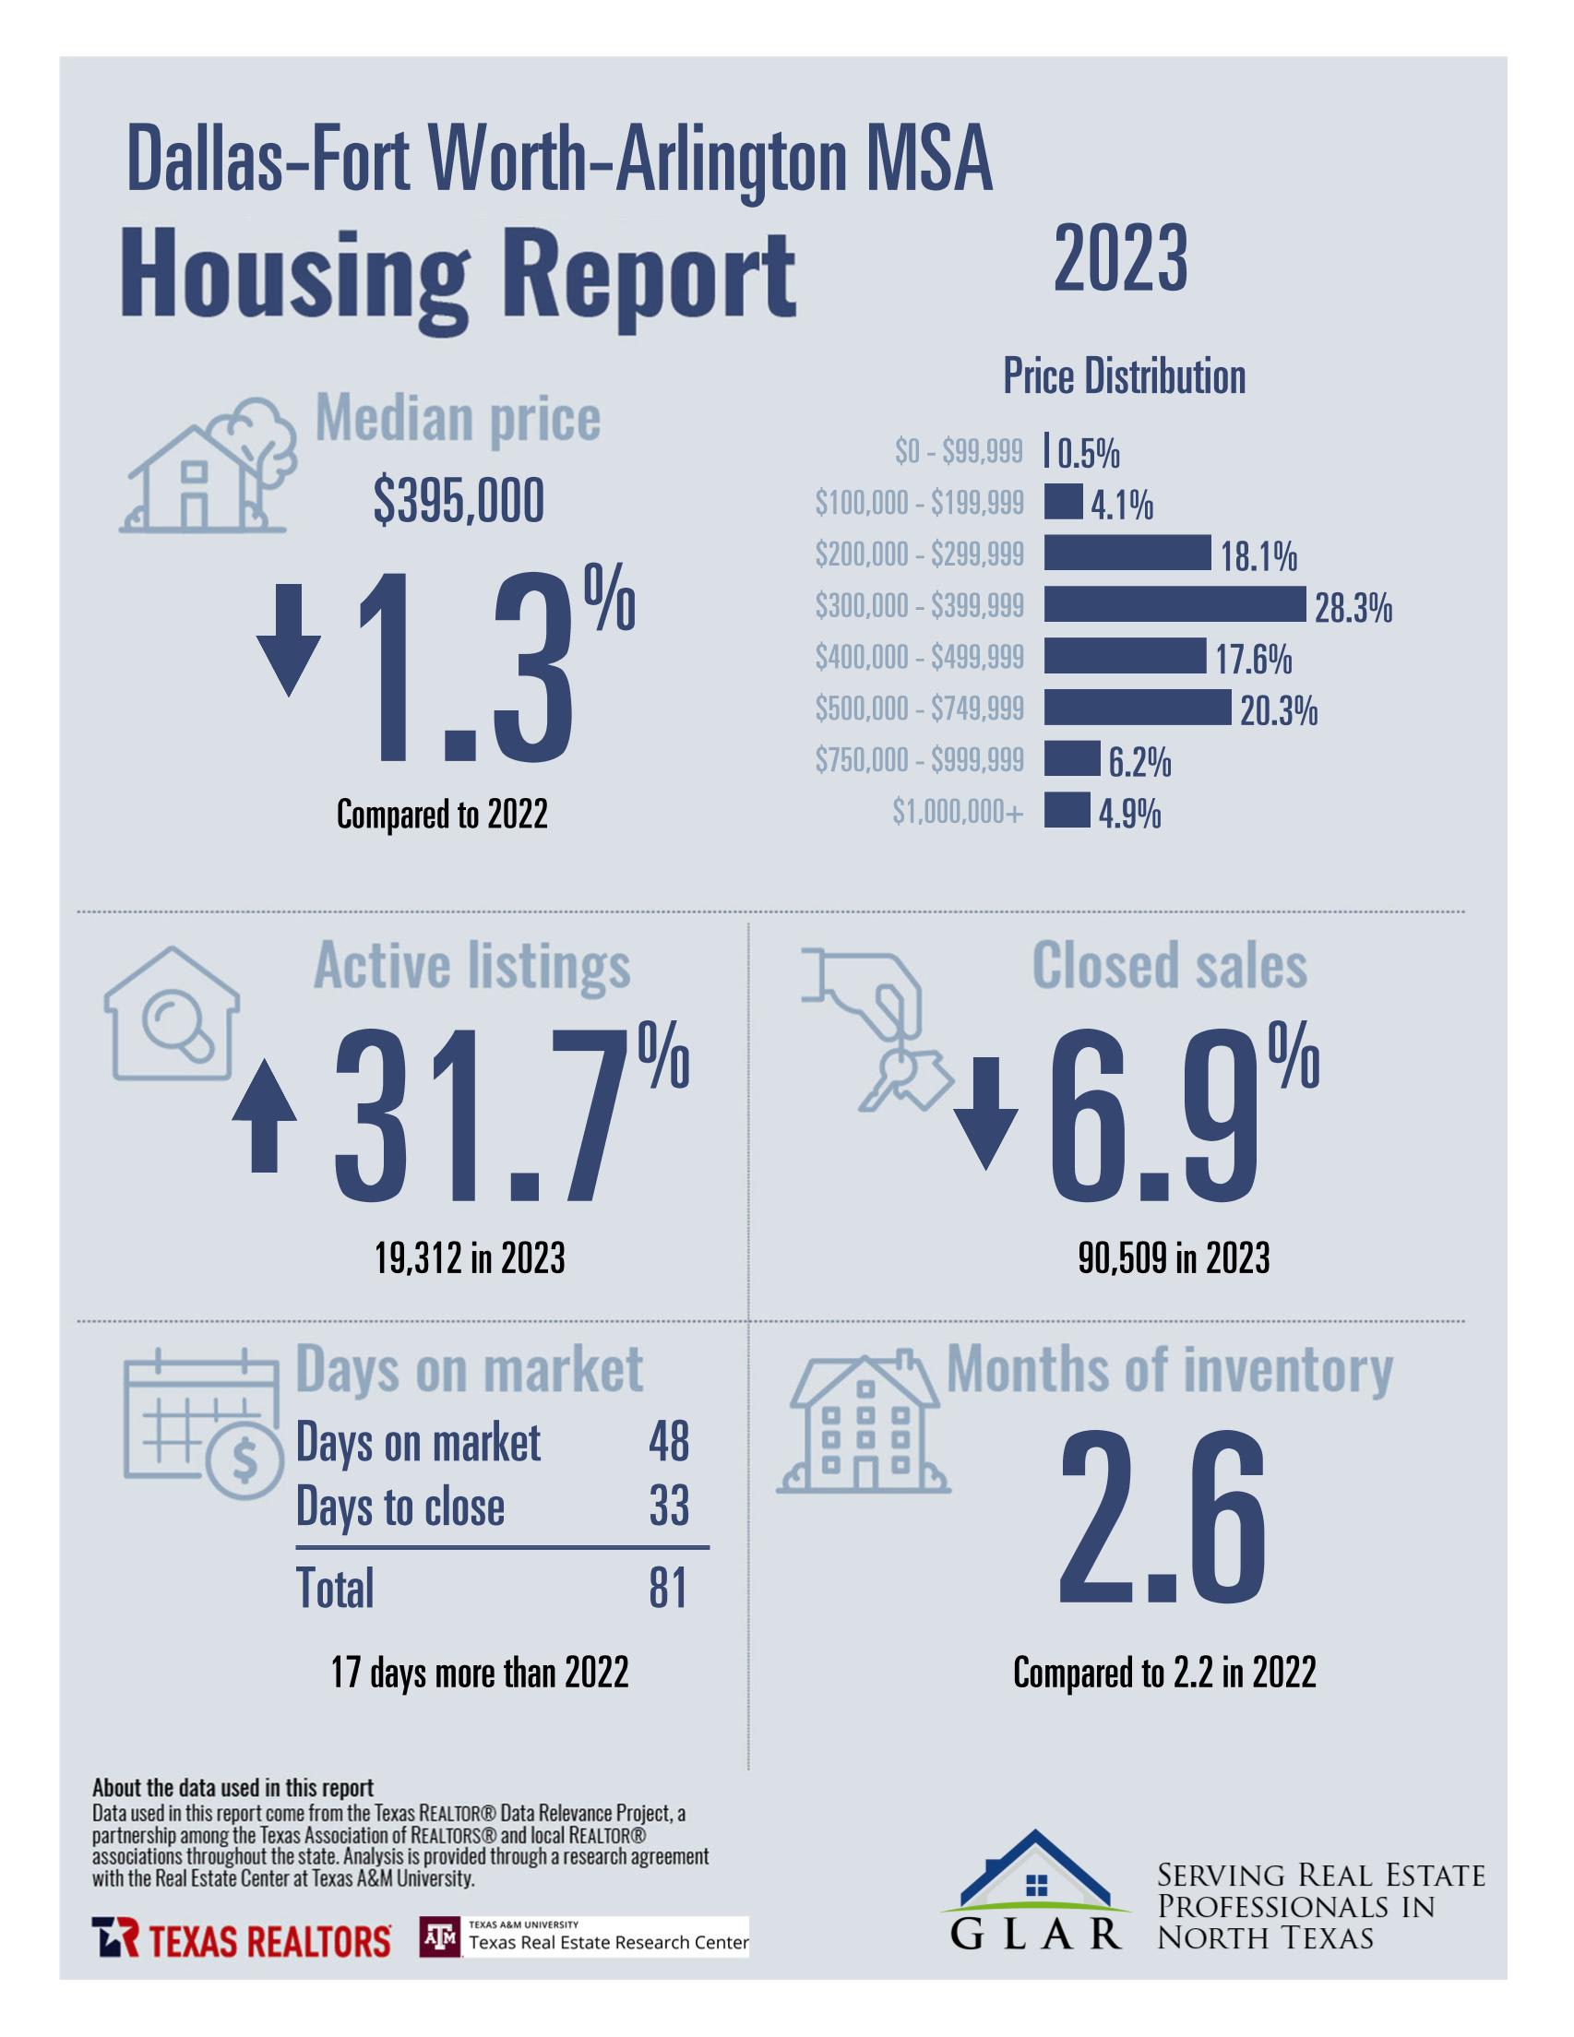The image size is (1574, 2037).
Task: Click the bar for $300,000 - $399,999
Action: pos(1174,604)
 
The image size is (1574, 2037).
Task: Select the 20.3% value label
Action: pos(1278,711)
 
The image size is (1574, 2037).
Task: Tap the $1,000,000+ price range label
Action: pos(958,813)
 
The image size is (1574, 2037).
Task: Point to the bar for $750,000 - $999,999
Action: pos(1071,758)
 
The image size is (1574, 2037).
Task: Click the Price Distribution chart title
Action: pos(1124,376)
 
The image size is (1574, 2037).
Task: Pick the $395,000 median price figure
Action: pos(459,503)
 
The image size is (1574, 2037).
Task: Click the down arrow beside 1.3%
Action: pos(289,640)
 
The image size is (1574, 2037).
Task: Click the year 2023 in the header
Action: pos(1121,259)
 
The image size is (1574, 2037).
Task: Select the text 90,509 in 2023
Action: pos(1173,1258)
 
